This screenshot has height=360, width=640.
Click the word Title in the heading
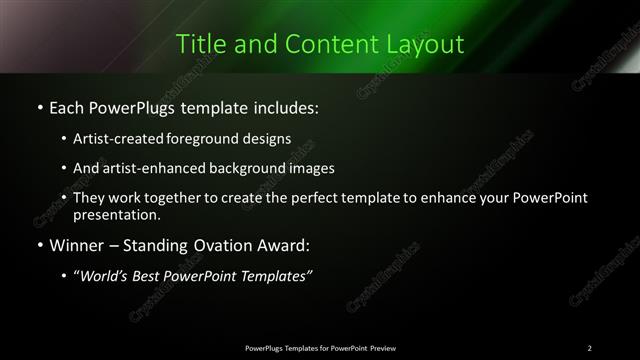point(199,45)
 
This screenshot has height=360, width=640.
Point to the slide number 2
point(589,347)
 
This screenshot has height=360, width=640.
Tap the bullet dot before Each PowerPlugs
point(39,106)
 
